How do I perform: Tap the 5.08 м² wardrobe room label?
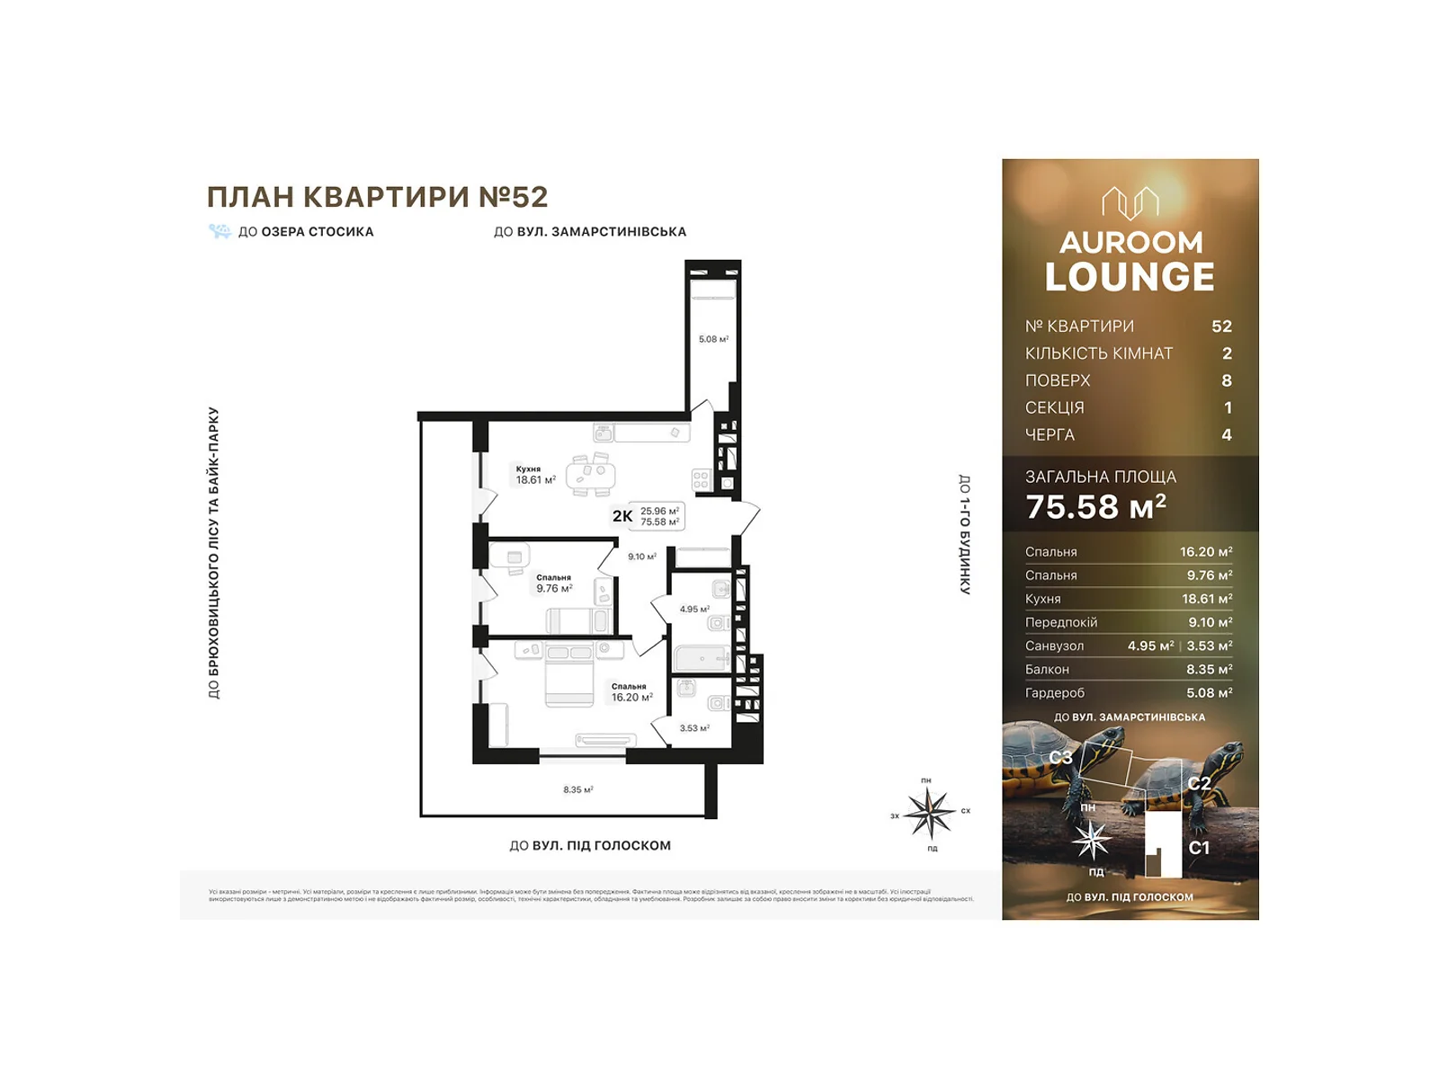click(x=713, y=339)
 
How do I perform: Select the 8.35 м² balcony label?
click(x=577, y=789)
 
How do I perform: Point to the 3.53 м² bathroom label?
click(x=693, y=728)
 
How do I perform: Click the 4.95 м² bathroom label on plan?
click(x=693, y=609)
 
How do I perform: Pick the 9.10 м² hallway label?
click(x=641, y=557)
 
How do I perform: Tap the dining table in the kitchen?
click(x=591, y=474)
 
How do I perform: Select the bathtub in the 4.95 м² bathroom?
click(x=702, y=659)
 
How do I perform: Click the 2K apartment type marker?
click(x=622, y=516)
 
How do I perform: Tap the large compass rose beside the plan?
click(x=929, y=812)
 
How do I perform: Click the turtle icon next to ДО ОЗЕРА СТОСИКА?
click(x=219, y=231)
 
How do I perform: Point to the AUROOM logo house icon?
click(x=1131, y=203)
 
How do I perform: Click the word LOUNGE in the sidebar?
click(x=1130, y=277)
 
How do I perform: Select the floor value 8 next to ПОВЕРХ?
click(x=1226, y=380)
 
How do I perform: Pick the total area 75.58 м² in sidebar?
click(x=1095, y=507)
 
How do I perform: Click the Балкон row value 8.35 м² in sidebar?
click(x=1209, y=669)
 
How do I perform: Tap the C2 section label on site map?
click(x=1198, y=783)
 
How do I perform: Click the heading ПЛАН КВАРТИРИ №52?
click(x=377, y=196)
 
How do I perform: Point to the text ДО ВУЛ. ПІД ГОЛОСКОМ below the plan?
click(x=590, y=845)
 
